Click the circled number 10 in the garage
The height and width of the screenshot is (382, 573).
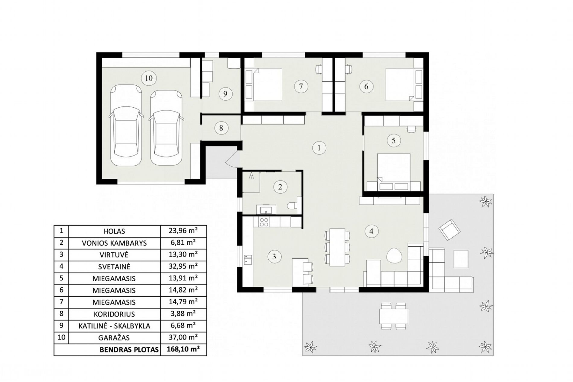(149, 78)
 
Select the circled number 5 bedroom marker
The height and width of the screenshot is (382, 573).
(394, 140)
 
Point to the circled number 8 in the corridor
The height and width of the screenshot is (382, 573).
(221, 128)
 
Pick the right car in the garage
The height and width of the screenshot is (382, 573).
(167, 128)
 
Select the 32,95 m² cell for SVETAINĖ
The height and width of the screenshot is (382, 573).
(183, 266)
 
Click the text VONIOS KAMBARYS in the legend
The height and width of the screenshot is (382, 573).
(114, 243)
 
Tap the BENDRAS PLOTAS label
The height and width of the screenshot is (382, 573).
(129, 350)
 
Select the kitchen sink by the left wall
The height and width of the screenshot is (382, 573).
(248, 259)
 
